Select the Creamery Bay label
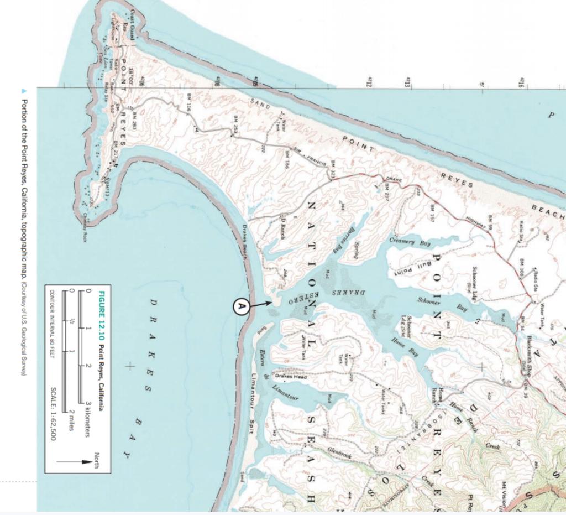tap(410, 242)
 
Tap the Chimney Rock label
tap(85, 220)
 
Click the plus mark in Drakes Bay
tap(130, 366)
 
